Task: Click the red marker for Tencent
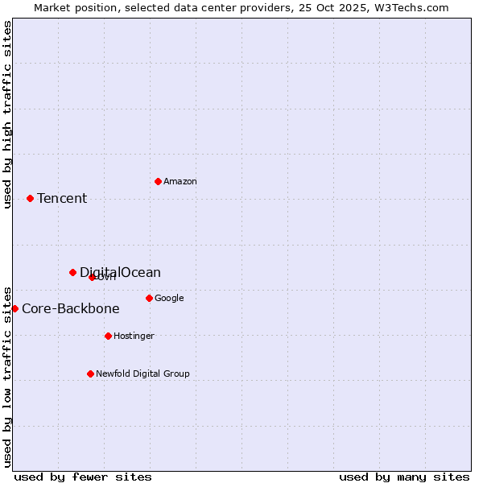click(30, 198)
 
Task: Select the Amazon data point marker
click(158, 181)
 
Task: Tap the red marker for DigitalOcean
click(72, 272)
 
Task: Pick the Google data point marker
click(149, 298)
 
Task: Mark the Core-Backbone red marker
click(14, 308)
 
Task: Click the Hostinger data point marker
click(108, 336)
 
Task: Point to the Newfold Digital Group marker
click(90, 374)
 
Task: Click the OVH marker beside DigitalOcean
click(92, 277)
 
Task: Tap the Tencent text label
click(62, 198)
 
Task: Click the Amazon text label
click(180, 181)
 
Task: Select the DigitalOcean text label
click(120, 272)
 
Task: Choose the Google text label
click(169, 298)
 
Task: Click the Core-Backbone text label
click(71, 308)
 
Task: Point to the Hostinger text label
click(134, 336)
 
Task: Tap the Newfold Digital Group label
click(143, 374)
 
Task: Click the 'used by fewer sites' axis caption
click(83, 477)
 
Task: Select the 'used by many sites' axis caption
click(404, 477)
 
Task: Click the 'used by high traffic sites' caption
click(7, 114)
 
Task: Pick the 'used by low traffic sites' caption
click(7, 376)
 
